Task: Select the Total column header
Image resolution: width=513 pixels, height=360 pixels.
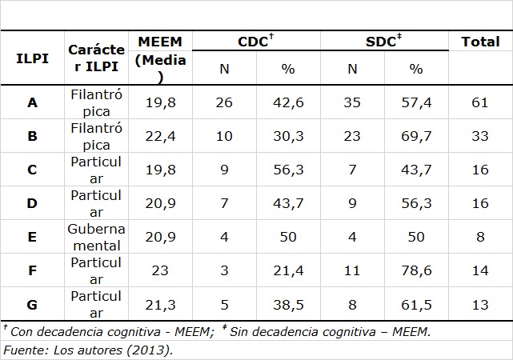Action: tap(480, 42)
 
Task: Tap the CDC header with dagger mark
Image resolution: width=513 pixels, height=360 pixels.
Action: tap(256, 42)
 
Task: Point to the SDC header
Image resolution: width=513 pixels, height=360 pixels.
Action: tap(384, 42)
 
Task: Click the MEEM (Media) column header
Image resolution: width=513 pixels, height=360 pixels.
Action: tap(161, 59)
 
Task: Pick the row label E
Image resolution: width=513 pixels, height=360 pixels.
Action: tap(32, 238)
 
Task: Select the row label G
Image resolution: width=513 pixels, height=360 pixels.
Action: tap(32, 304)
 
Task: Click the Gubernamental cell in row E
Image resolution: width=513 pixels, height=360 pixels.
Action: tap(96, 238)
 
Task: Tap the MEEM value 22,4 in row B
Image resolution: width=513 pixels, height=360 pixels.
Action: tap(161, 136)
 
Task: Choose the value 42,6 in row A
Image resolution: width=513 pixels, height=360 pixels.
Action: tap(288, 102)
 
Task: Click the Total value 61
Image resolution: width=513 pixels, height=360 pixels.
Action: tap(480, 102)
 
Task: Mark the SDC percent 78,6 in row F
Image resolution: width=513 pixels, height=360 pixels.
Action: tap(416, 271)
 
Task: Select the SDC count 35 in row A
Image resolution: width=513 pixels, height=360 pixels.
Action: tap(352, 102)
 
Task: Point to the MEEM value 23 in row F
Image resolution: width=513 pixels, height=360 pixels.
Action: tap(161, 271)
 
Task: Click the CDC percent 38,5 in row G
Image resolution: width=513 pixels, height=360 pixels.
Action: tap(288, 305)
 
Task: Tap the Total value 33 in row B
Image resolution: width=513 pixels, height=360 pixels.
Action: tap(480, 136)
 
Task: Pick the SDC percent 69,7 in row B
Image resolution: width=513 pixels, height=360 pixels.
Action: tap(416, 136)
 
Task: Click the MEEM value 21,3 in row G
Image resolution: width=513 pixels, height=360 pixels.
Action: tap(161, 305)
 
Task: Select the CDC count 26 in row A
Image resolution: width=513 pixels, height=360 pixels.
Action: tap(224, 102)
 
